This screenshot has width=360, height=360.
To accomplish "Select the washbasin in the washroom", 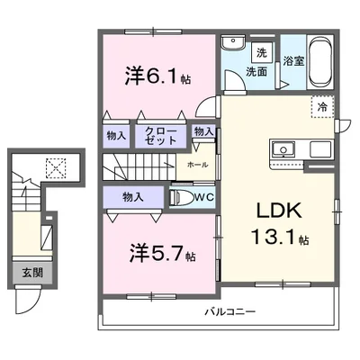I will click(x=234, y=41).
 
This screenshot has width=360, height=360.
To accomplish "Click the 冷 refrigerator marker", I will click(x=322, y=106).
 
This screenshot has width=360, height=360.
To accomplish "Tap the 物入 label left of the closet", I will click(x=117, y=136).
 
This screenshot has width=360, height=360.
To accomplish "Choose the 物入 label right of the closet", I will click(x=203, y=132).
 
